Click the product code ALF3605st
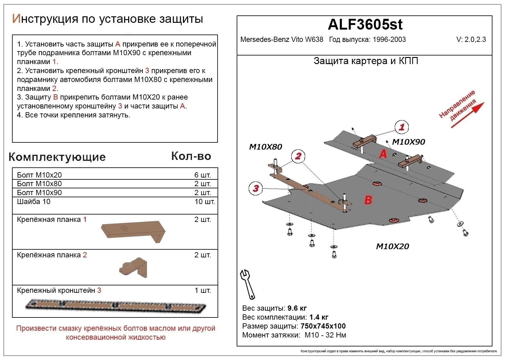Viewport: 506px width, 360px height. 365,24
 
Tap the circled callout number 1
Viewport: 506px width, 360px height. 402,127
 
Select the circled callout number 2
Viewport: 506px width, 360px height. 298,156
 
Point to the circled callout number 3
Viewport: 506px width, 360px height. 256,188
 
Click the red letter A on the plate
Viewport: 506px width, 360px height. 383,153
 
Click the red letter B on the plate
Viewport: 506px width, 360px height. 368,200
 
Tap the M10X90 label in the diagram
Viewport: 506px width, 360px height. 408,142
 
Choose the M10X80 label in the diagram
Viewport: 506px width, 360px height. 265,147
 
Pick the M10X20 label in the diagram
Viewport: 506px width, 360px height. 392,246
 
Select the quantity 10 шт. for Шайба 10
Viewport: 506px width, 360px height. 205,202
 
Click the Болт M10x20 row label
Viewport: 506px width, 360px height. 39,175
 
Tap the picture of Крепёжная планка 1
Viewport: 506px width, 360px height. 133,231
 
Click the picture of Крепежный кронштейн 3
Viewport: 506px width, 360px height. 116,305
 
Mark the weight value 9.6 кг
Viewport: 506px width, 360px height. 297,308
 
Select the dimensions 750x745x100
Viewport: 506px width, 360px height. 323,326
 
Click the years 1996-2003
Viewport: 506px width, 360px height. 389,39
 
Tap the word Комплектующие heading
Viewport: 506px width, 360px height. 57,157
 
